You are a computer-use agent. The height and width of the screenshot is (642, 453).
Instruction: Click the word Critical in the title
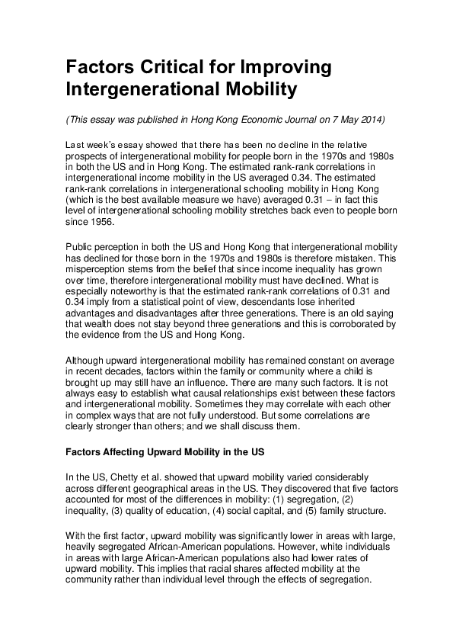coord(166,67)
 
